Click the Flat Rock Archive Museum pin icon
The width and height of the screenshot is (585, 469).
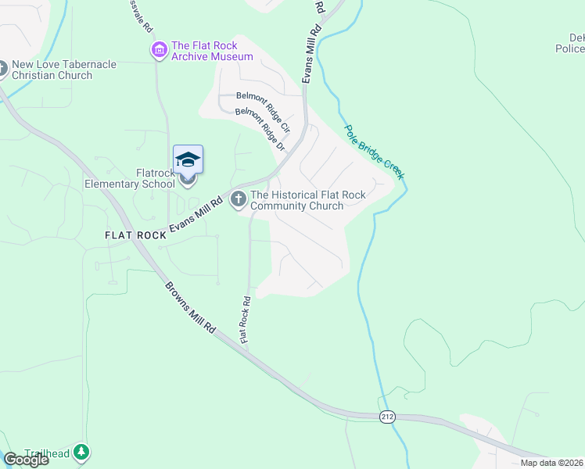[x=160, y=51]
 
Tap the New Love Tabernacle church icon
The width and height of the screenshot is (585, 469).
[x=2, y=70]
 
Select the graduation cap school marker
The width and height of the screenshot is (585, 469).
[x=188, y=160]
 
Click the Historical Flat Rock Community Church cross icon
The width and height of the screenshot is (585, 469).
[x=239, y=200]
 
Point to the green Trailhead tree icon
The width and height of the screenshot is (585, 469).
[x=81, y=453]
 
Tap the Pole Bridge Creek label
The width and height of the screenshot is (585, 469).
[x=375, y=152]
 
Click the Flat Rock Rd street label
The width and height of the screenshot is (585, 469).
[x=246, y=320]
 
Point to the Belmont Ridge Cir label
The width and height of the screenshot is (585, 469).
[x=264, y=111]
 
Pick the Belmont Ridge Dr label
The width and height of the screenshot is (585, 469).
[x=259, y=130]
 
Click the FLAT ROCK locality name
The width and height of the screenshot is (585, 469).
[x=136, y=235]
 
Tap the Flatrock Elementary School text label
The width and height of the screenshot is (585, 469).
[x=130, y=178]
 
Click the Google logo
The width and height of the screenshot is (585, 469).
[x=26, y=460]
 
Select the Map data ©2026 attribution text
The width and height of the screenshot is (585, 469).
[x=551, y=463]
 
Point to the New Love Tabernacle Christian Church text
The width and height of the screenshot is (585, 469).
[x=52, y=70]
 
